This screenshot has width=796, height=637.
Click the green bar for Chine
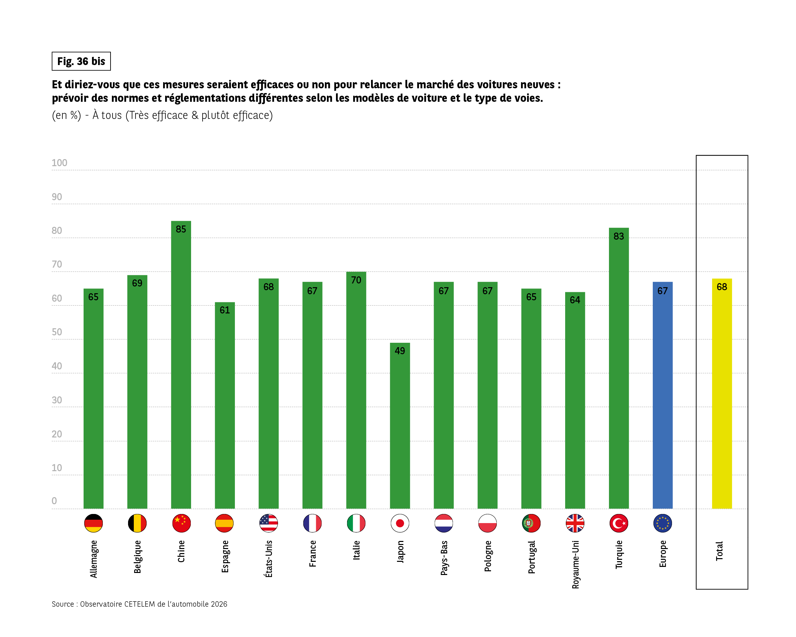pyautogui.click(x=181, y=366)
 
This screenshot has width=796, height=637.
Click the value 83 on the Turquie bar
pyautogui.click(x=619, y=236)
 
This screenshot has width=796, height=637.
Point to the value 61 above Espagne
pyautogui.click(x=224, y=310)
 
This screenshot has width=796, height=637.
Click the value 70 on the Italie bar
pyautogui.click(x=356, y=280)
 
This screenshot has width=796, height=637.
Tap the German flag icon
pyautogui.click(x=93, y=523)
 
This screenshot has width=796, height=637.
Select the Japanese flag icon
pyautogui.click(x=400, y=523)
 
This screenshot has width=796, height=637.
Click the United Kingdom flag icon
pyautogui.click(x=575, y=523)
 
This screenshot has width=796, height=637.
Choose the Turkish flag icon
pyautogui.click(x=619, y=523)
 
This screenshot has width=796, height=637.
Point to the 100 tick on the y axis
pyautogui.click(x=59, y=163)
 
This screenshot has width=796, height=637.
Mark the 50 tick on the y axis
pyautogui.click(x=57, y=332)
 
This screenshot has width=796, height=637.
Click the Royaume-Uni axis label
pyautogui.click(x=575, y=565)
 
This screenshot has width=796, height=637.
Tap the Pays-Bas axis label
pyautogui.click(x=444, y=557)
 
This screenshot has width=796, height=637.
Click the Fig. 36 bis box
pyautogui.click(x=81, y=61)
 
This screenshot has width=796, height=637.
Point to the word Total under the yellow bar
pyautogui.click(x=719, y=551)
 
